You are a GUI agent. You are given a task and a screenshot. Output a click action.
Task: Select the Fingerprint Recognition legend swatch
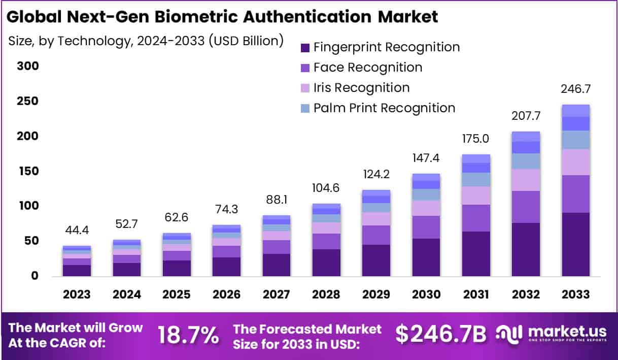click(x=304, y=48)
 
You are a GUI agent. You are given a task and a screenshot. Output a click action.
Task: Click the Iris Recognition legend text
click(x=361, y=88)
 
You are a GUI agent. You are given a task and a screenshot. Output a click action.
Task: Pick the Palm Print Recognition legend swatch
click(x=304, y=108)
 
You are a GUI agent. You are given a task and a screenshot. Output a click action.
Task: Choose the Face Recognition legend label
click(x=368, y=68)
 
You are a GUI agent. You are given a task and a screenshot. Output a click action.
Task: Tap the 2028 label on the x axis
click(x=326, y=294)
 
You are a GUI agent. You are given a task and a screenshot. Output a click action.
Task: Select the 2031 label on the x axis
click(x=475, y=294)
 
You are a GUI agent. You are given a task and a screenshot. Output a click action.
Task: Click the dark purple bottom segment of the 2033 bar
click(x=575, y=244)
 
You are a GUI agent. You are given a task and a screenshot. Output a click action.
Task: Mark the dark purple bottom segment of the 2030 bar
click(x=426, y=257)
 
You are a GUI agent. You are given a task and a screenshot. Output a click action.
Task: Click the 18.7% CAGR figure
click(x=188, y=335)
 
